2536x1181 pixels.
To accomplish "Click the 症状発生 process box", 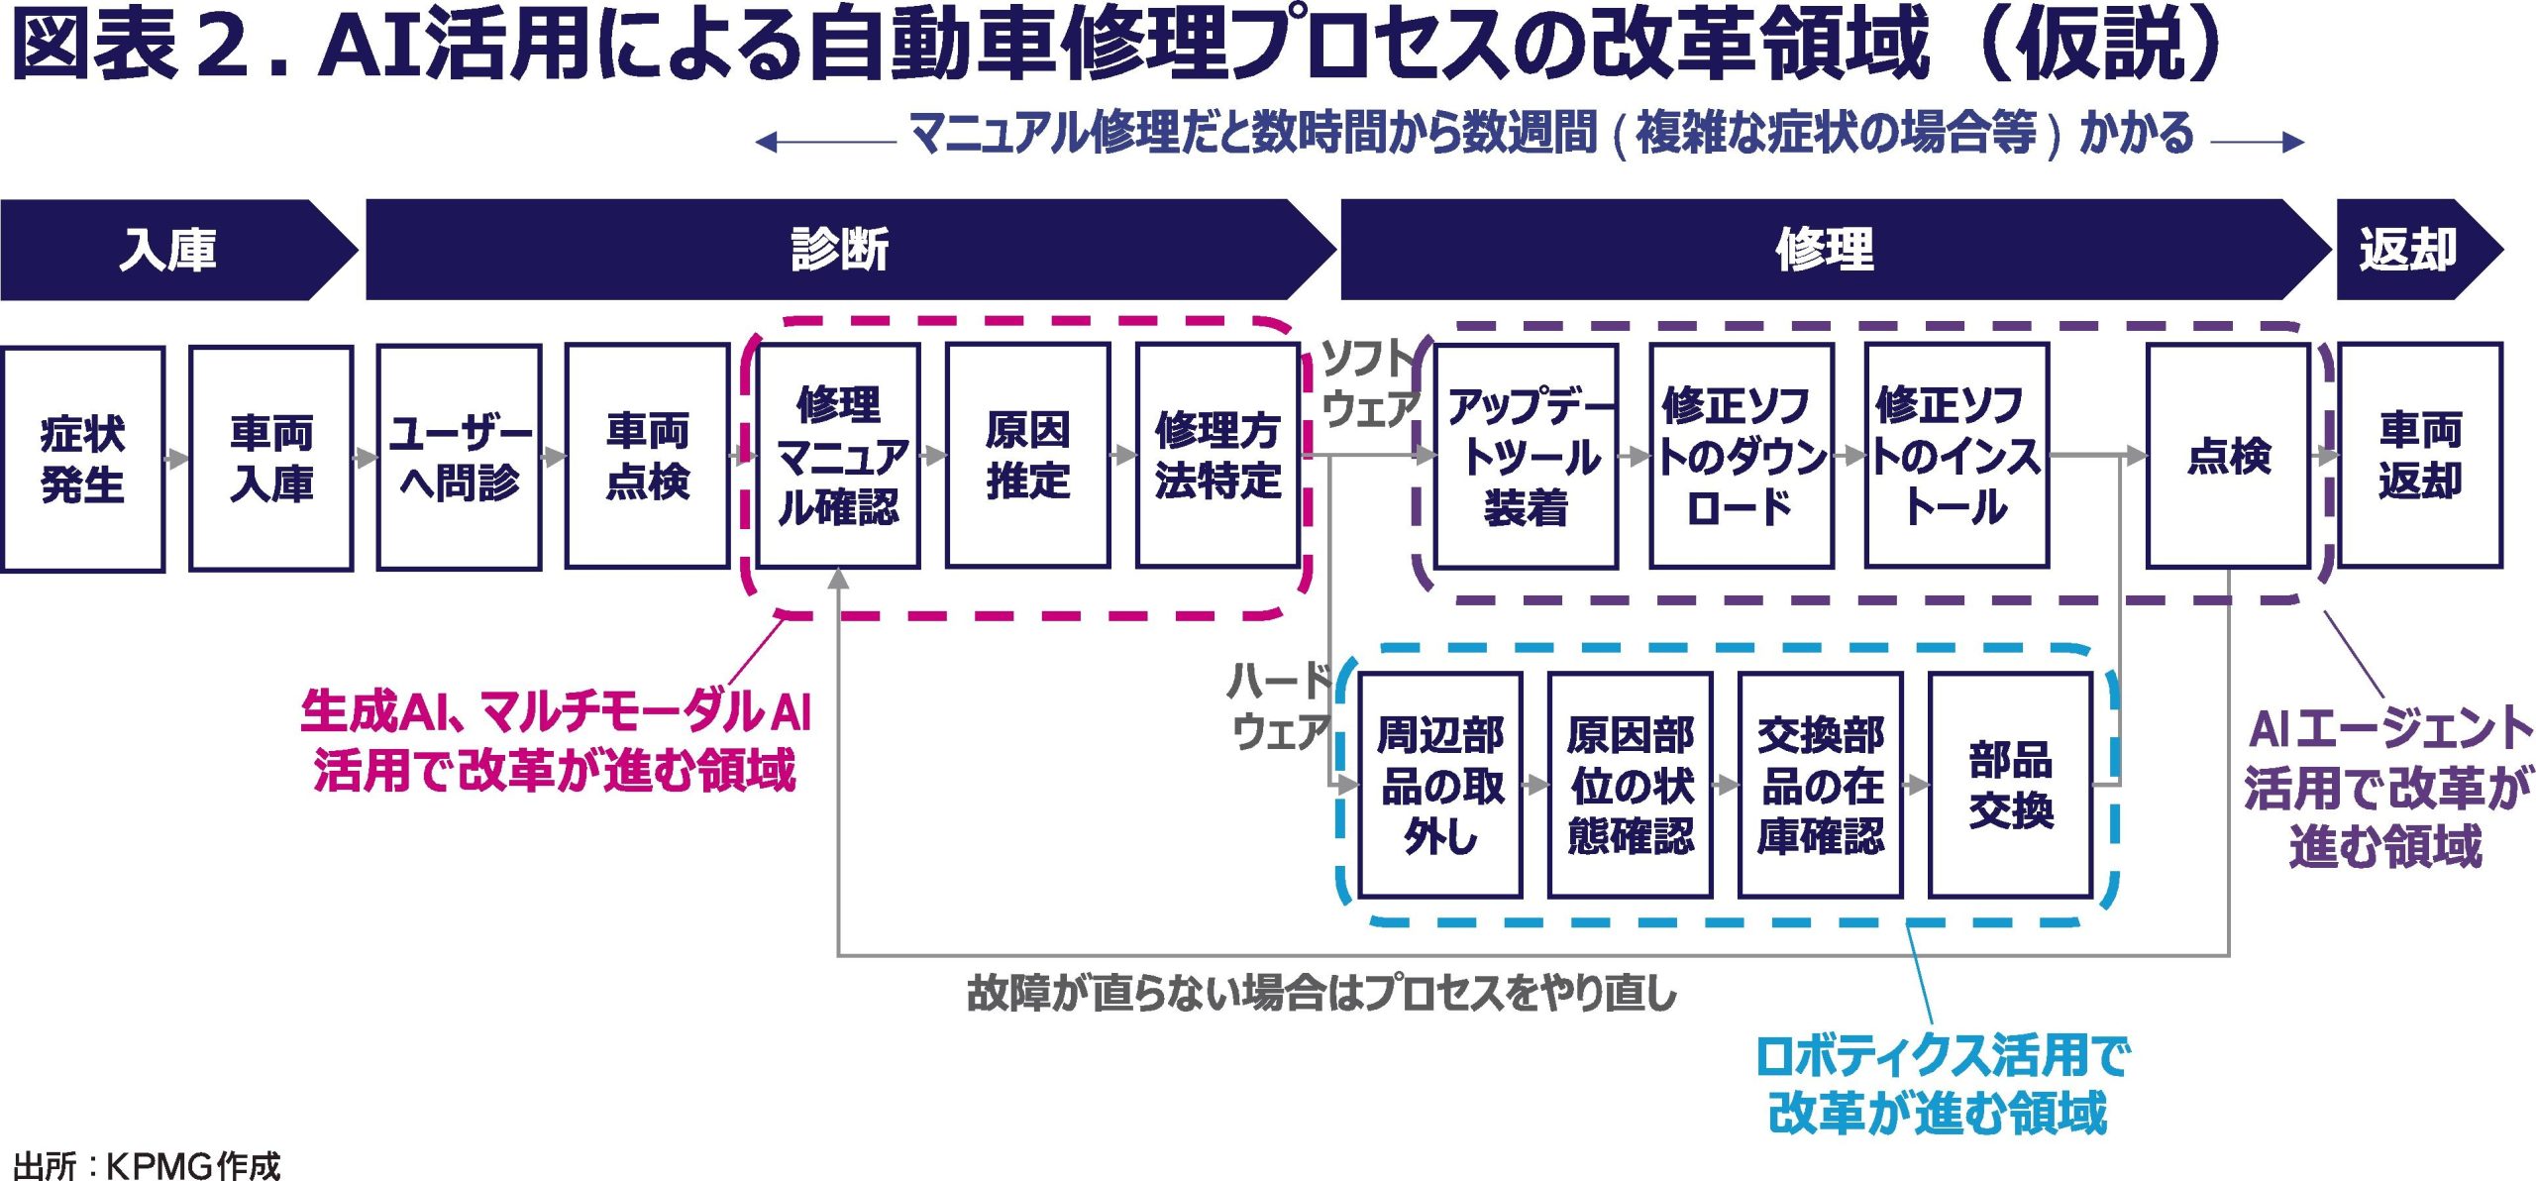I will [x=83, y=459].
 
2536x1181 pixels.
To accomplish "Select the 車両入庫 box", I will [x=271, y=458].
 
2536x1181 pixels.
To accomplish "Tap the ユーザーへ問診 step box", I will [x=460, y=458].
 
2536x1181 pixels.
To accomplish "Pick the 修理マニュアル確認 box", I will [x=838, y=456].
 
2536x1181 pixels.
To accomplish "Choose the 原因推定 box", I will [x=1027, y=456].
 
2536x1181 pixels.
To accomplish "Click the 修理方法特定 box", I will [x=1217, y=456].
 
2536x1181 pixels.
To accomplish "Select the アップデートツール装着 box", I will [x=1527, y=456].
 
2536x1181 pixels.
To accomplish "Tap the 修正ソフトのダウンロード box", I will [x=1742, y=456].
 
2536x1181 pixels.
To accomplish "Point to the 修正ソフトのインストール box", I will [x=1956, y=456].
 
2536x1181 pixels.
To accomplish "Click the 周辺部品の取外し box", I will [x=1440, y=785].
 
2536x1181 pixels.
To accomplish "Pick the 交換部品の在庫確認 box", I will [x=1821, y=785].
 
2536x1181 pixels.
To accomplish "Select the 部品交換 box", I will [x=2011, y=785].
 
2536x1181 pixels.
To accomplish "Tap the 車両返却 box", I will [x=2420, y=456].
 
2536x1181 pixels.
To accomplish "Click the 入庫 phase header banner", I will [x=168, y=250].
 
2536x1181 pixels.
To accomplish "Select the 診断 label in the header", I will [x=840, y=250].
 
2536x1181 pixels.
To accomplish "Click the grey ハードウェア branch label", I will [x=1279, y=705].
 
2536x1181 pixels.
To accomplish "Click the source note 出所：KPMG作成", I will [x=147, y=1165].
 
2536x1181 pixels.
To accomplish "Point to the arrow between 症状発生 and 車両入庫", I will [x=177, y=459].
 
